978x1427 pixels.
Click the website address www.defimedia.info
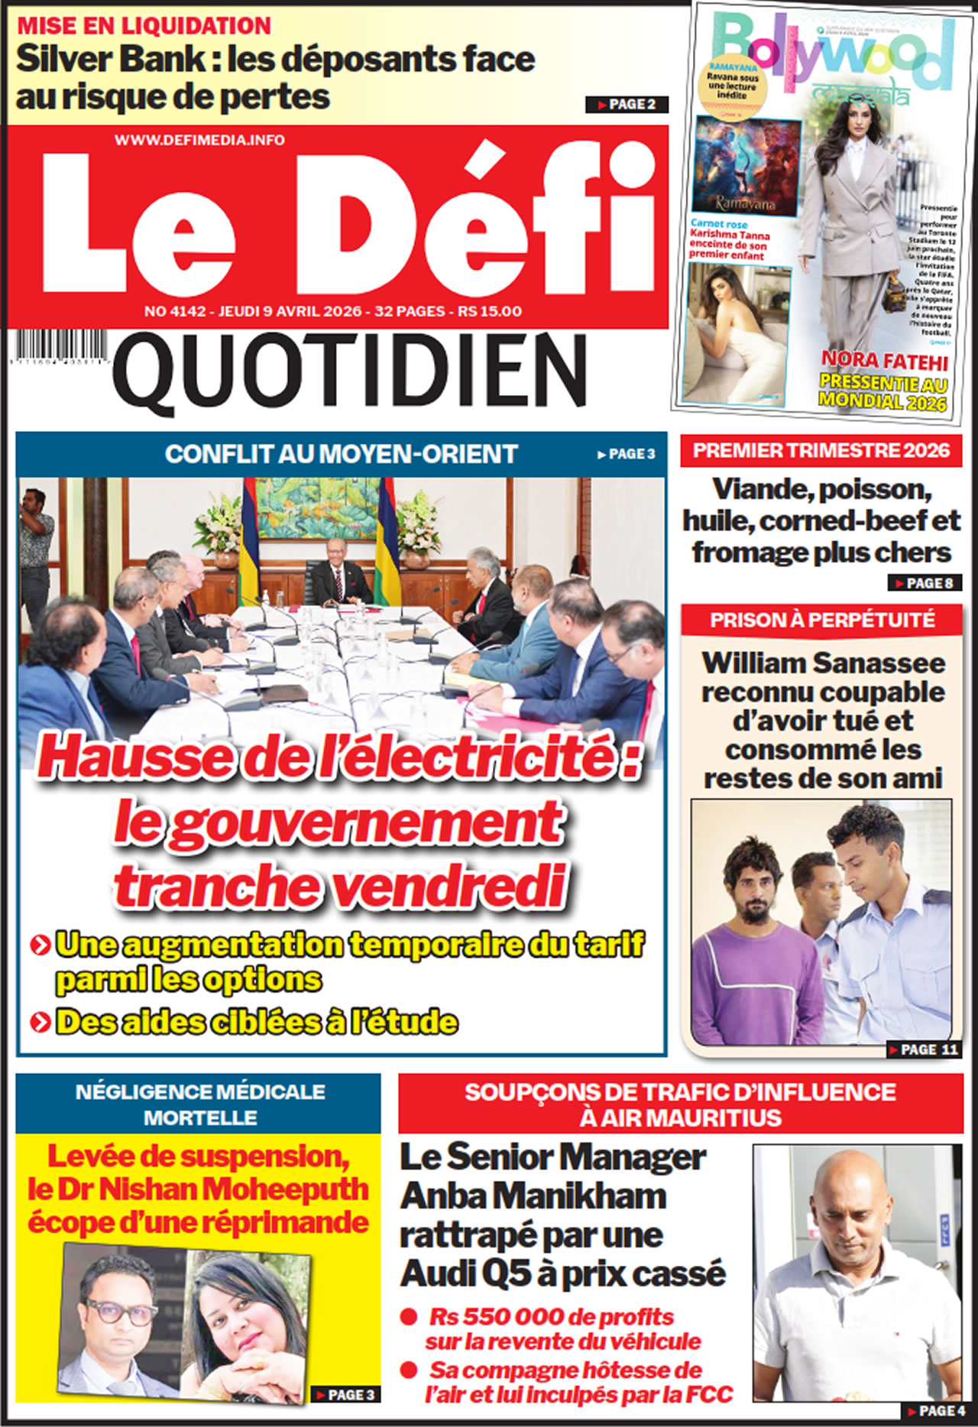199,140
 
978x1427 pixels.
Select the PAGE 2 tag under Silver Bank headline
627,105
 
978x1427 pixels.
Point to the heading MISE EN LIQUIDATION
144,25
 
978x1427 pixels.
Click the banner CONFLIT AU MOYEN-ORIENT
341,454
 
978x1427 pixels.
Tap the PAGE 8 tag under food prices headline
924,583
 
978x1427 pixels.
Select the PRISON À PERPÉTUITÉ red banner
821,619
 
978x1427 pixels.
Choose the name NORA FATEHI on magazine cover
884,361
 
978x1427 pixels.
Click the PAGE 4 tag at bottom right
937,1411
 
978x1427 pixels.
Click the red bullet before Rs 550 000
409,1316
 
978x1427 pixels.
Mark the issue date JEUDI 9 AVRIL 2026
290,311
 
